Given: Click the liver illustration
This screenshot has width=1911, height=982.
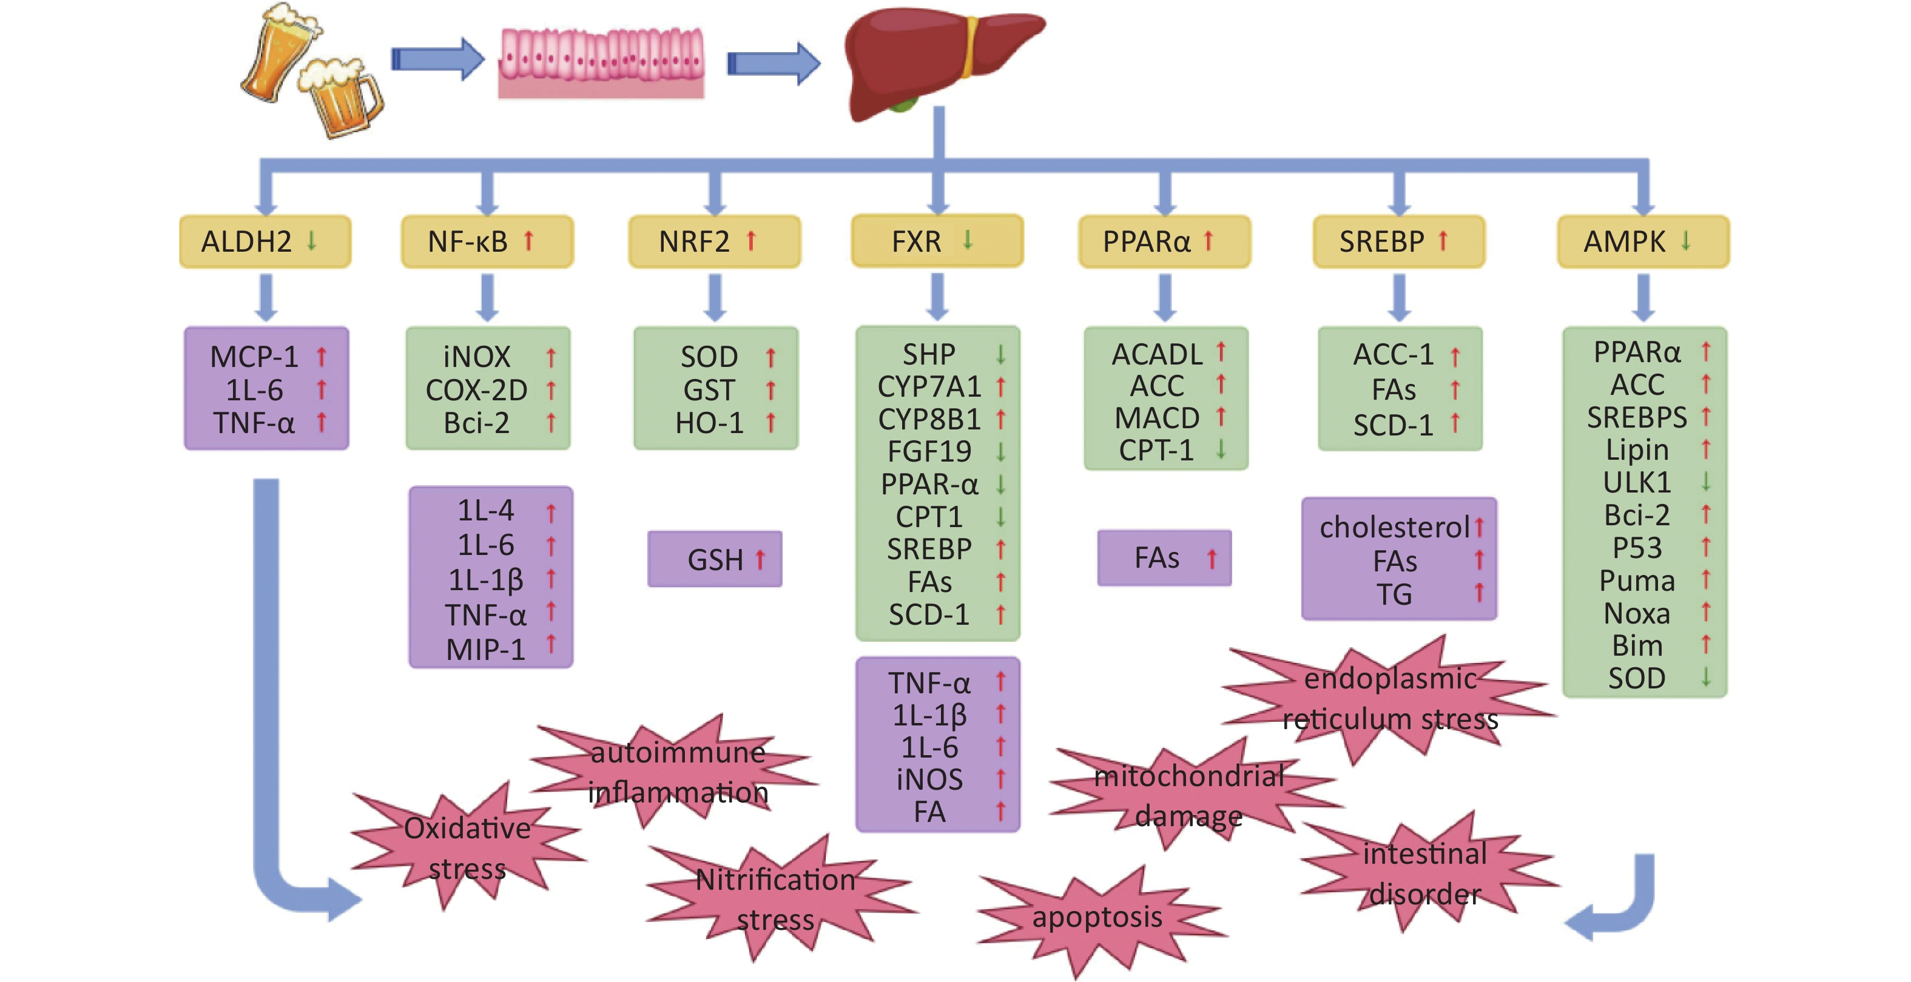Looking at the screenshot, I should (x=935, y=63).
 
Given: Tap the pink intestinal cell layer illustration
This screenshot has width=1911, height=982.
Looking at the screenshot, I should (x=601, y=63).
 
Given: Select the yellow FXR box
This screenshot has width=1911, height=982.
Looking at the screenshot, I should (x=937, y=241).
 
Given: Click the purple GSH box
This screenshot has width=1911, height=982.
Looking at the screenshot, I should (x=715, y=559).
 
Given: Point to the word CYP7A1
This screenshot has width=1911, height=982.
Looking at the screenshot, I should (x=929, y=386).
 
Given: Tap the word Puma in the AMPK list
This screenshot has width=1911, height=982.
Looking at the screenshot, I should (x=1637, y=580).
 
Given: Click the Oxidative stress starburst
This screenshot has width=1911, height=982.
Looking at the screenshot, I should (x=467, y=848).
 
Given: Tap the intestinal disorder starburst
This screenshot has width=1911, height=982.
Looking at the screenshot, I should (x=1424, y=873).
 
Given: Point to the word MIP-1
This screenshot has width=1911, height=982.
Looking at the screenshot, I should (x=485, y=650).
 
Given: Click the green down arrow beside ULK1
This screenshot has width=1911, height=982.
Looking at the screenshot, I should (x=1705, y=482).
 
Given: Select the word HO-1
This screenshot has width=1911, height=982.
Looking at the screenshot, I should (x=709, y=423).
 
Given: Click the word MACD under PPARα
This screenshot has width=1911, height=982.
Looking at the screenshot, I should (x=1156, y=419).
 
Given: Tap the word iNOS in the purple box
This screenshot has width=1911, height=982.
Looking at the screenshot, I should (x=929, y=779).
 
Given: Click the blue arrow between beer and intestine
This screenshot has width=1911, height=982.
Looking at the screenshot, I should (x=437, y=59).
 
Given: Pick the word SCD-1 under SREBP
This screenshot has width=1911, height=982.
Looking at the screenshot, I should (x=1392, y=425).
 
